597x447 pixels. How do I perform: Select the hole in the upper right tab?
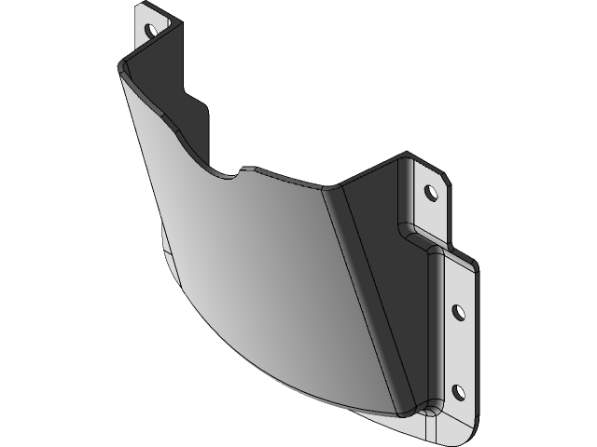point(430,193)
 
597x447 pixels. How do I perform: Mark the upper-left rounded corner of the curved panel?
point(124,68)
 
